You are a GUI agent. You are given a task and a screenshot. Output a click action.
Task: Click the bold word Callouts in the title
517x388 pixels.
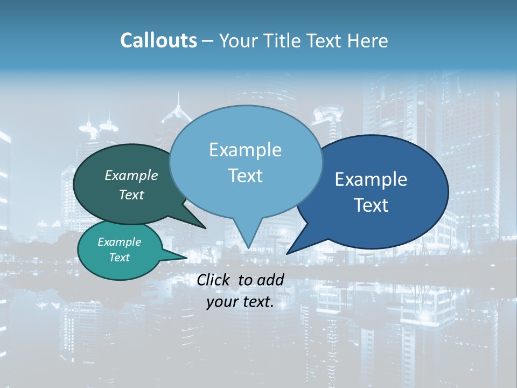pyautogui.click(x=158, y=40)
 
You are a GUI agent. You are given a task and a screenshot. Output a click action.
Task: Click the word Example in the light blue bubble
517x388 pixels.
pyautogui.click(x=245, y=150)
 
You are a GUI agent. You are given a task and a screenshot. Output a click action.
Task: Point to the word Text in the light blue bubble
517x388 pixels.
pyautogui.click(x=245, y=176)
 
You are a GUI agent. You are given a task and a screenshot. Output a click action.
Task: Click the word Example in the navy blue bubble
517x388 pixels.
pyautogui.click(x=371, y=179)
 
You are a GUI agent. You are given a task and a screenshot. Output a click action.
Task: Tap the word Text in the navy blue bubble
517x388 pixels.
pyautogui.click(x=371, y=205)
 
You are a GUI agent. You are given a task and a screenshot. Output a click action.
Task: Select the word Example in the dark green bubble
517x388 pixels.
pyautogui.click(x=131, y=175)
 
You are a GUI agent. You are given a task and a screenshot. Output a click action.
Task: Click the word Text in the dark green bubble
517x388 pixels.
pyautogui.click(x=131, y=195)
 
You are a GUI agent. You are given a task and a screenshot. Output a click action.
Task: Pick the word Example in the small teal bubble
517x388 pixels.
pyautogui.click(x=119, y=242)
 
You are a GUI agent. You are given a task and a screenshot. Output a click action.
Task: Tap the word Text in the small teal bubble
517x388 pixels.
pyautogui.click(x=119, y=258)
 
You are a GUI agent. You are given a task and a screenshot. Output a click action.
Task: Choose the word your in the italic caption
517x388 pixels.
pyautogui.click(x=221, y=302)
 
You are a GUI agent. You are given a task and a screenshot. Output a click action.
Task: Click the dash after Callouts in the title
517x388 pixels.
pyautogui.click(x=208, y=41)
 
